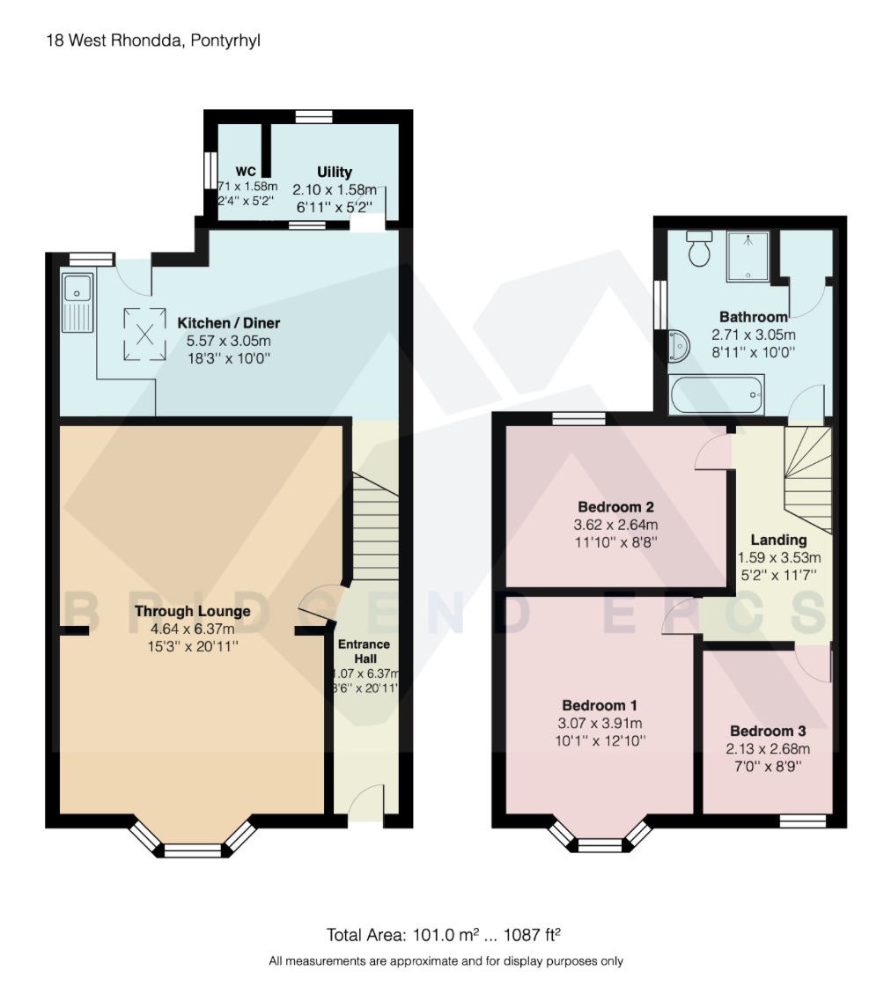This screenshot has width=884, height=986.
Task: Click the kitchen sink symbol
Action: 77,301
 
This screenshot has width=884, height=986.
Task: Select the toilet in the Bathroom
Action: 700,250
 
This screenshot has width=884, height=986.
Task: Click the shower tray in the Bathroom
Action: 748,256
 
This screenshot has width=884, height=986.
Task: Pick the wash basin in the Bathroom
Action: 679,345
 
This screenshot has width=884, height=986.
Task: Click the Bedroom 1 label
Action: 600,705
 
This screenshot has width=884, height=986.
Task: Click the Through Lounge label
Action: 192,611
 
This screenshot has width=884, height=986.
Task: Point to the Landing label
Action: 777,540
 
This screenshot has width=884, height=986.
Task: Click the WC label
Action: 245,172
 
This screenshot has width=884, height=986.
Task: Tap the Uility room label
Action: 335,172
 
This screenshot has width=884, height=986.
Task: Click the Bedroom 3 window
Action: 803,820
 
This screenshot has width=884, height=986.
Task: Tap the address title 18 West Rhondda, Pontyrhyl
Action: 142,40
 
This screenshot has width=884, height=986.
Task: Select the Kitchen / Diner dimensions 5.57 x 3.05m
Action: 228,341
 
